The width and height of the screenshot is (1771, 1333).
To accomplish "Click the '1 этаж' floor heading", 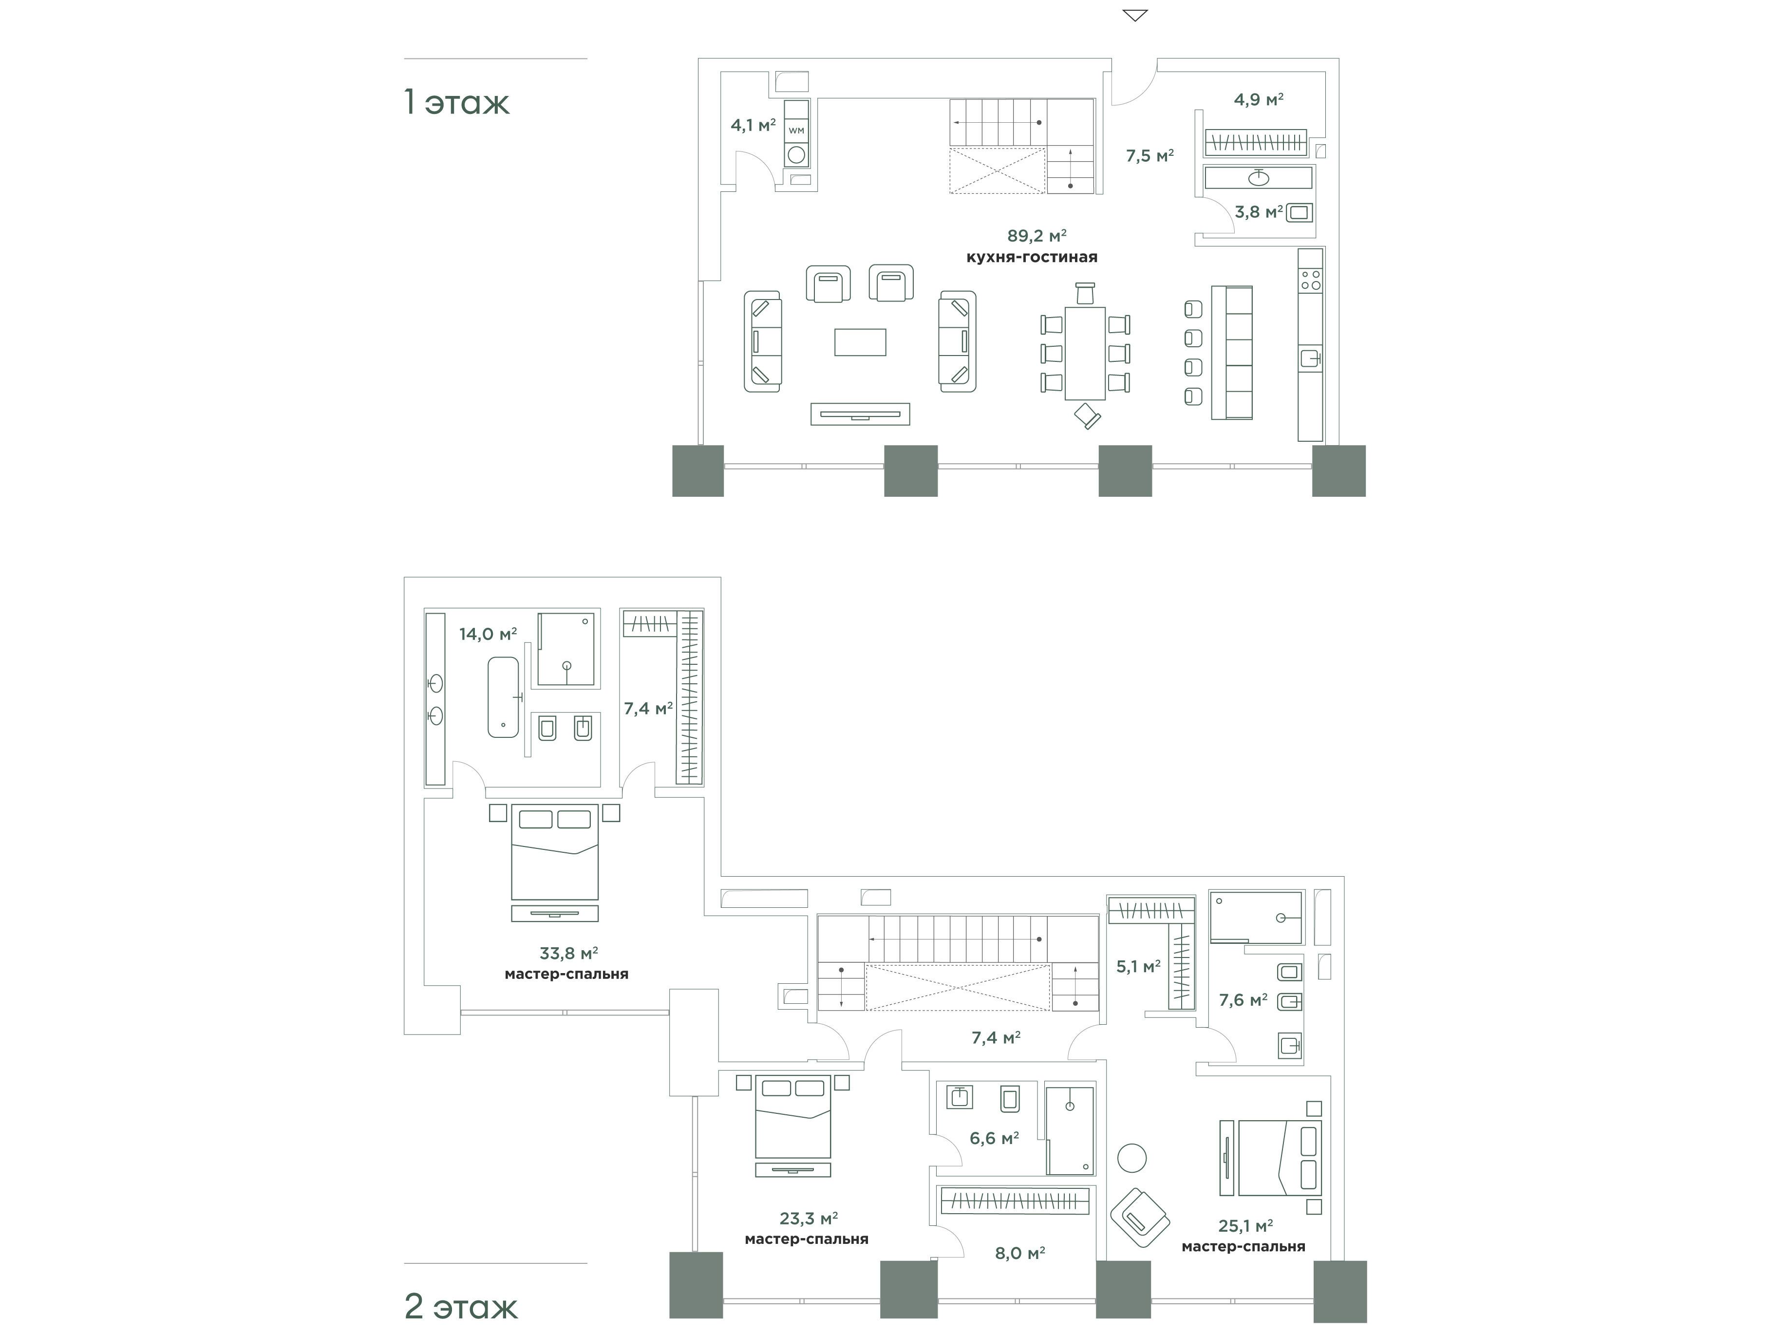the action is pyautogui.click(x=456, y=102).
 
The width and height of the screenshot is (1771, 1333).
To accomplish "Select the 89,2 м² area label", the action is pyautogui.click(x=1037, y=235).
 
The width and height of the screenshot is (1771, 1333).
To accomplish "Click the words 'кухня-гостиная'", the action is pyautogui.click(x=1032, y=257).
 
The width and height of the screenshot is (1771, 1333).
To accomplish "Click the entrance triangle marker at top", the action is pyautogui.click(x=1135, y=15).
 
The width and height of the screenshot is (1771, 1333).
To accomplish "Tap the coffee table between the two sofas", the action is pyautogui.click(x=860, y=342).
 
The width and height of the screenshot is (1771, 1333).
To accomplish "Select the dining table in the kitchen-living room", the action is pyautogui.click(x=1085, y=353).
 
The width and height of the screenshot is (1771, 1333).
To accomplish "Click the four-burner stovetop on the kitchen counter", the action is pyautogui.click(x=1311, y=280).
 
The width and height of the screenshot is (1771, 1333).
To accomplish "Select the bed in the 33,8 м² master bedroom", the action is pyautogui.click(x=555, y=853).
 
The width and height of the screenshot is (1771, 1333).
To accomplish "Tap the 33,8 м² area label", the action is pyautogui.click(x=568, y=954).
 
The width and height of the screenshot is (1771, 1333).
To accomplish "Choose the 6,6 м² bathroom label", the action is pyautogui.click(x=994, y=1138).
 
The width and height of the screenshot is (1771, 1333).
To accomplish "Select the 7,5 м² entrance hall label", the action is pyautogui.click(x=1149, y=156).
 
